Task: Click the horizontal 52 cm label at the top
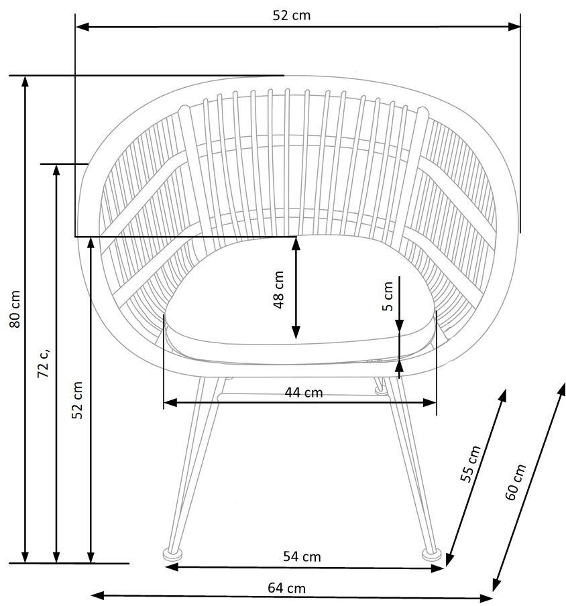coord(292,15)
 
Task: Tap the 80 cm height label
coord(15,309)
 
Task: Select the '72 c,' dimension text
coord(44,363)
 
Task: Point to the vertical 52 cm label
coord(77,400)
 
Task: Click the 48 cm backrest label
coord(278,290)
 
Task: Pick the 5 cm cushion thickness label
coord(388,296)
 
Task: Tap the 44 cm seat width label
coord(304,393)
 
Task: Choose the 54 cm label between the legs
coord(302,556)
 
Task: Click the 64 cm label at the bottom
coord(286,588)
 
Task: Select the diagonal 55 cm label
coord(471,464)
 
